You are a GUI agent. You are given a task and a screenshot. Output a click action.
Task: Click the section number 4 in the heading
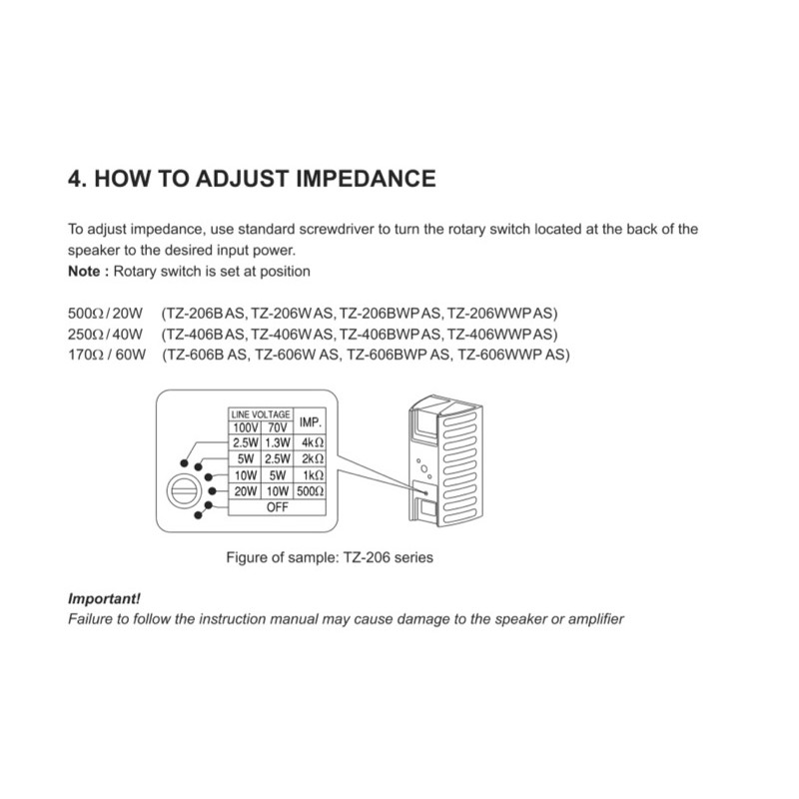coord(74,179)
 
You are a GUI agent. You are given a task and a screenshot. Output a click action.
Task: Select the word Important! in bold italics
coord(104,599)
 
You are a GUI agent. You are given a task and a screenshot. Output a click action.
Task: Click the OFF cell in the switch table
coord(278,506)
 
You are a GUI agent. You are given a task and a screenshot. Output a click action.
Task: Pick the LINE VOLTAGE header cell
coord(261,413)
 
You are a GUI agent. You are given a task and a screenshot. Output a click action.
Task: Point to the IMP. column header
coord(311,422)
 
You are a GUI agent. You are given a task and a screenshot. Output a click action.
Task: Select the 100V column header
coord(245,428)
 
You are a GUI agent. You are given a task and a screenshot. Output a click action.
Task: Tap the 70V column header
coord(277,428)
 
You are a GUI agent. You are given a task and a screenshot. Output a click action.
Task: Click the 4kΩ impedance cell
coord(312,442)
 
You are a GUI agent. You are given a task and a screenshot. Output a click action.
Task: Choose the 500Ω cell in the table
coord(311,491)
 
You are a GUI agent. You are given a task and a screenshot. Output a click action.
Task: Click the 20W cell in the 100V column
coord(245,491)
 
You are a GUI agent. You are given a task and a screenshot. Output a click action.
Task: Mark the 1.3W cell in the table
coord(277,442)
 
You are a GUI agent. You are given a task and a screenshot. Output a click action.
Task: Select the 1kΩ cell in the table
coord(312,475)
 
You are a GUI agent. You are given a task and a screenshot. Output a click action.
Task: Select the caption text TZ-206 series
coord(388,557)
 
